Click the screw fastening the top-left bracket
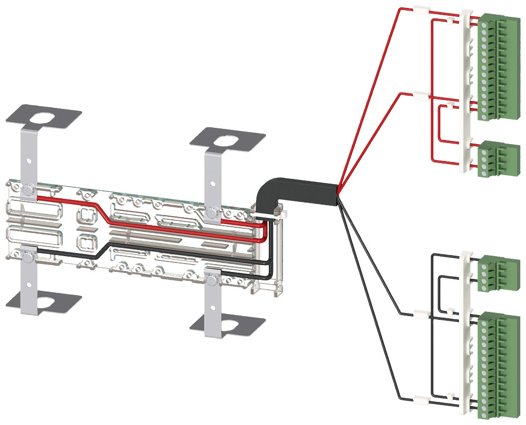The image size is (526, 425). (x=29, y=188)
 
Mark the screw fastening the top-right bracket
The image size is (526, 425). (x=213, y=212)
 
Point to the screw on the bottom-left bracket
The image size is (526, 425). (x=29, y=256)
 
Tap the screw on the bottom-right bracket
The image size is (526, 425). (x=213, y=279)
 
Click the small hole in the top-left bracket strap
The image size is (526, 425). (x=29, y=161)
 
